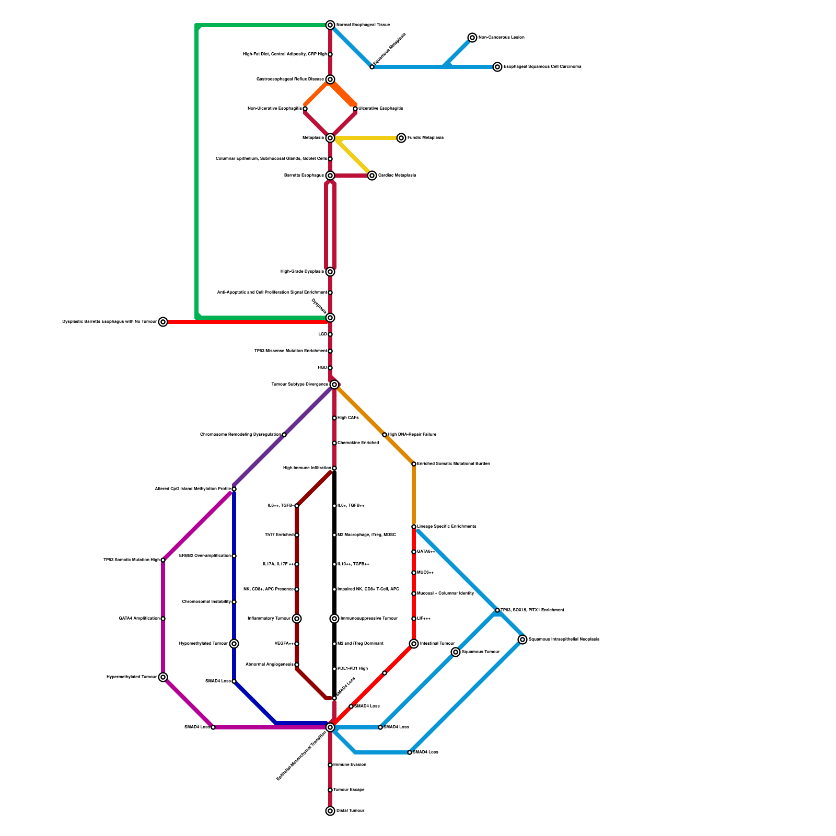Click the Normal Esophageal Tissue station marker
point(330,25)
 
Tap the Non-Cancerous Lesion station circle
point(472,38)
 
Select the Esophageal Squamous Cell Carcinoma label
point(542,67)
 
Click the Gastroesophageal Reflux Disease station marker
point(330,79)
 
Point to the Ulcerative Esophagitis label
point(381,109)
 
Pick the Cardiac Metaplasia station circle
point(372,176)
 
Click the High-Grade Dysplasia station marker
point(330,272)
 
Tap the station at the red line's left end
point(163,322)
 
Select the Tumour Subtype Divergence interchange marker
point(334,385)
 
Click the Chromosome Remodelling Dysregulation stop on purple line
point(284,435)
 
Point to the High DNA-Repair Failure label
point(412,435)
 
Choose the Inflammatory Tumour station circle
point(297,619)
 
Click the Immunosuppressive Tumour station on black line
point(334,619)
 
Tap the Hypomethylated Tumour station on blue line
point(234,644)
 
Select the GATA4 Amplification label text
point(140,619)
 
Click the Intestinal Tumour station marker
point(414,644)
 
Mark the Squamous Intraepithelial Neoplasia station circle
point(522,640)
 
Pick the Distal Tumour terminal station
point(330,811)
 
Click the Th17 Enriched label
point(279,535)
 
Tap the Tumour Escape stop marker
point(330,790)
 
